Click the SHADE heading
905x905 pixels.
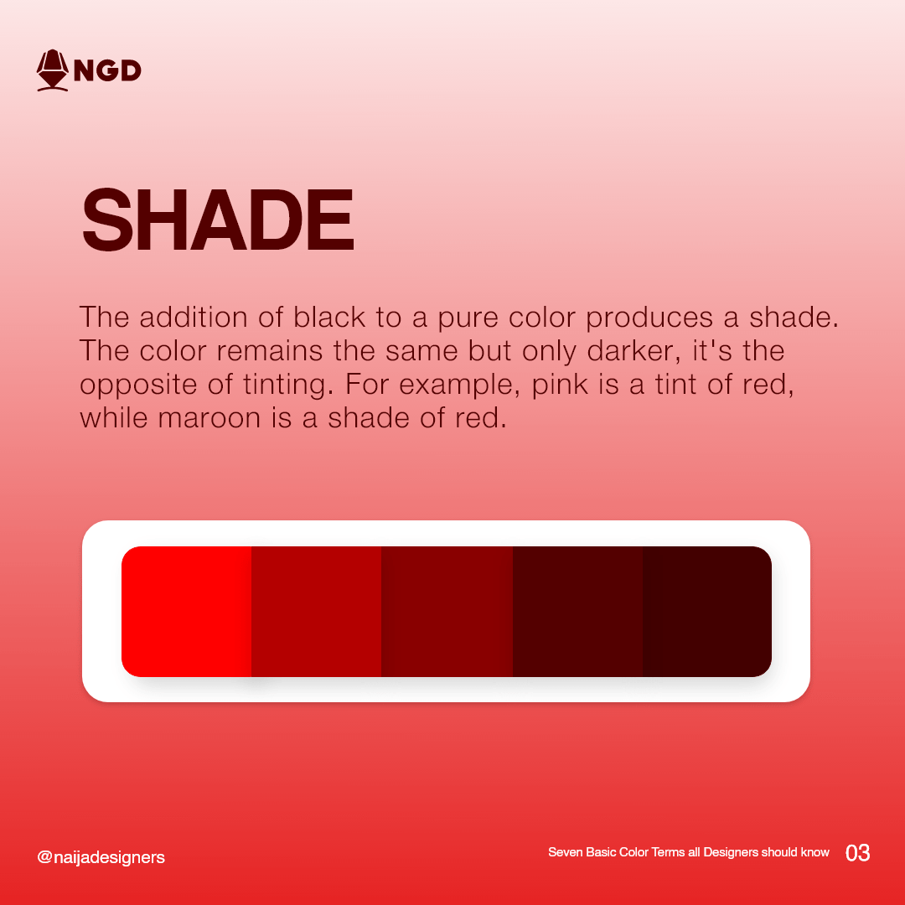(x=218, y=220)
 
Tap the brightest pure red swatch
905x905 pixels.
(x=186, y=611)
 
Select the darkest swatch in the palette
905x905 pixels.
(x=706, y=611)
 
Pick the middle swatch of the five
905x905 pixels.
(x=447, y=611)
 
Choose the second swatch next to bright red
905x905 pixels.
(x=316, y=611)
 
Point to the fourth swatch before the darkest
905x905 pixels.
(x=577, y=611)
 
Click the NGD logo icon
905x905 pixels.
(x=52, y=70)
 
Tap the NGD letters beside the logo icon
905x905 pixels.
(x=107, y=70)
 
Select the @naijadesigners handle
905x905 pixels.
(x=101, y=857)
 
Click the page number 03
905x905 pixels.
(x=857, y=853)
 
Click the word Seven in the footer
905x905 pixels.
(x=565, y=852)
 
